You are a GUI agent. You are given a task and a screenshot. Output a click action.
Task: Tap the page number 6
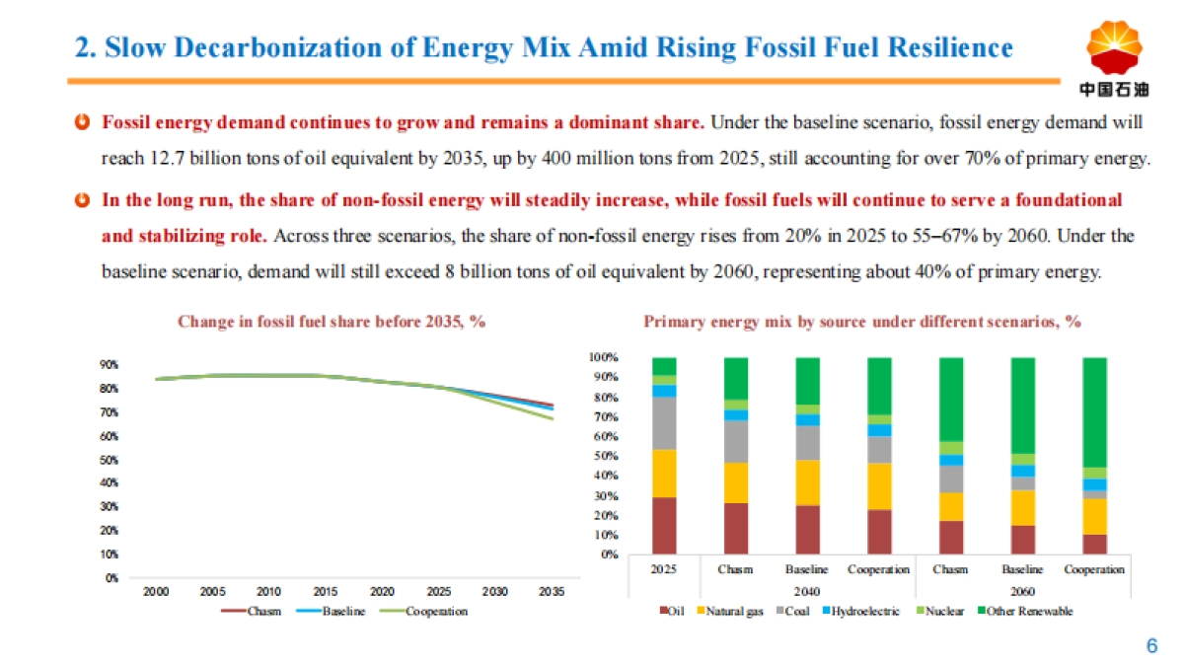1150,646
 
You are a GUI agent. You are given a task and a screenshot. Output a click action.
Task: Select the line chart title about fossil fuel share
332,321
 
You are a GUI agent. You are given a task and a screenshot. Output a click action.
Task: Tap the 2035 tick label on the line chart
552,592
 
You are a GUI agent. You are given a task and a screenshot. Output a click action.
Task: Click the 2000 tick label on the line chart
156,592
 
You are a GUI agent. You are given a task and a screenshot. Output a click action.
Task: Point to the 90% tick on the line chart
109,365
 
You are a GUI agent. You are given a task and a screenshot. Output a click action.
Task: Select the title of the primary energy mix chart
863,321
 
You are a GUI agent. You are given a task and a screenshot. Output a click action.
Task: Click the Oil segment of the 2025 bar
664,526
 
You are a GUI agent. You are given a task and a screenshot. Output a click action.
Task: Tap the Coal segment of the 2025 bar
664,423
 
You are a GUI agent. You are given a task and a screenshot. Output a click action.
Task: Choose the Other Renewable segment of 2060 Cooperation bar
1094,411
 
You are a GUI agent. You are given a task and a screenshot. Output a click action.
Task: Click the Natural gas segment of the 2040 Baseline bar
807,482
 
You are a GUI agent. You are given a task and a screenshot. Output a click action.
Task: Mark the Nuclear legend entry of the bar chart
945,612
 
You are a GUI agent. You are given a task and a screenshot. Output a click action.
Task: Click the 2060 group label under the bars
1022,589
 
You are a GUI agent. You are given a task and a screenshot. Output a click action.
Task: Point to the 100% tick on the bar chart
604,357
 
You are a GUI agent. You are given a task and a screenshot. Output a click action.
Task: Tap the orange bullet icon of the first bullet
83,122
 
